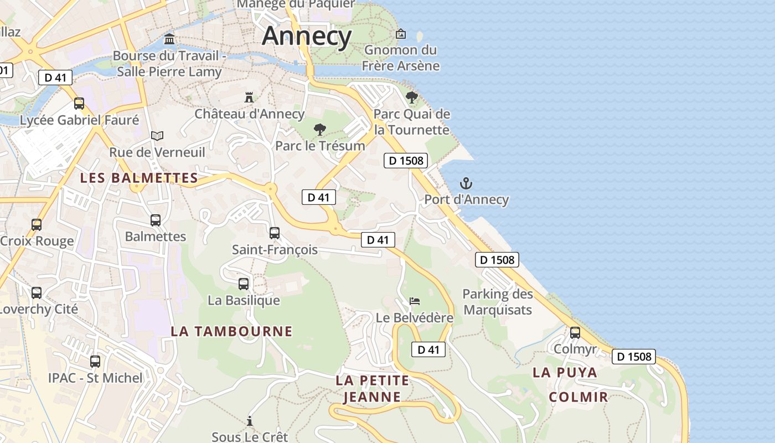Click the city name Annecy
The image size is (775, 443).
coord(307,36)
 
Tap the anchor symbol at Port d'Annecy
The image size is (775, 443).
coord(466,183)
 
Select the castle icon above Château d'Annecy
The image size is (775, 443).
coord(249,97)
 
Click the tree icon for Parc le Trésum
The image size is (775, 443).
coord(319,130)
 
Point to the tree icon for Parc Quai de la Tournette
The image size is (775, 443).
coord(411,97)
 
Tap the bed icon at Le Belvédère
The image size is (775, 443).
coord(415,301)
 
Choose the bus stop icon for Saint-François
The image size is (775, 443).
coord(275,233)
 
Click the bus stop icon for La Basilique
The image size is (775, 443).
coord(244,284)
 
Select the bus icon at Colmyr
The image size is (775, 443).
coord(575,333)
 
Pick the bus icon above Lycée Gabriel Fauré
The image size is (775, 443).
coord(79,104)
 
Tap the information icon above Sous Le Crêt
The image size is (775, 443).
coord(250,421)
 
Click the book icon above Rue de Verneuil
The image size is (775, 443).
coord(157,136)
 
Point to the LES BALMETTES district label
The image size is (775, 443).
coord(139,178)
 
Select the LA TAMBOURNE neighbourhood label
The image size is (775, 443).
coord(231,331)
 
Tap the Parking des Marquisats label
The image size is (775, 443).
coord(498,302)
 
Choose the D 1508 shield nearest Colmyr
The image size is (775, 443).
coord(633,357)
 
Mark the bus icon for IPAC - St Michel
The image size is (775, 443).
coord(95,362)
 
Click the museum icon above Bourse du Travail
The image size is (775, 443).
coord(169,39)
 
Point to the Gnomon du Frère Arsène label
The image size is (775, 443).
coord(401,58)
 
